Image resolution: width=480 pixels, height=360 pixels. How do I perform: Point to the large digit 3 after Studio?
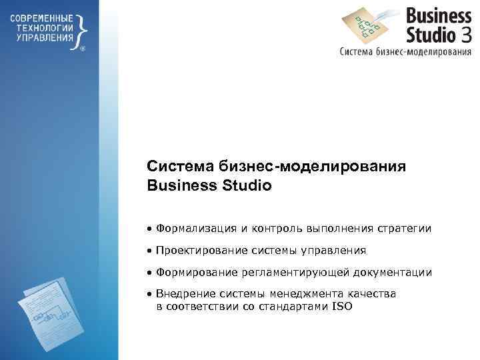pyautogui.click(x=466, y=32)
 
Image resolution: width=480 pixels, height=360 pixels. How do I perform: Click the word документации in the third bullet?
pyautogui.click(x=397, y=273)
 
